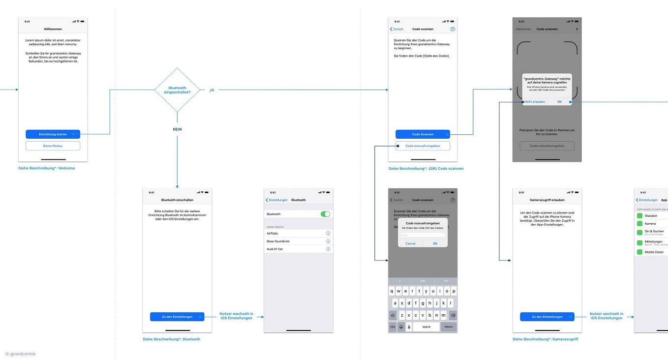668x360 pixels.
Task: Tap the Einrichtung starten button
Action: tap(53, 134)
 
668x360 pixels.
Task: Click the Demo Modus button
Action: tap(53, 146)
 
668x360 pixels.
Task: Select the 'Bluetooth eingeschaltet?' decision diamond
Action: tap(177, 90)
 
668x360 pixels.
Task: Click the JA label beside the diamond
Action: tap(212, 90)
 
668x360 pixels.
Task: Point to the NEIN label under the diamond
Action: tap(177, 129)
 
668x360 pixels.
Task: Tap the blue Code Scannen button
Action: tap(423, 134)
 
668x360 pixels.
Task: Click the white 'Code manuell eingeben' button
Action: tap(423, 146)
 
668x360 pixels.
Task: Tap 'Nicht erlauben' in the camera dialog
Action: tap(535, 102)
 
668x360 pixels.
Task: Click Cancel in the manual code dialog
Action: tap(410, 243)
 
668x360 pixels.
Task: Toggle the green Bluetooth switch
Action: tap(325, 214)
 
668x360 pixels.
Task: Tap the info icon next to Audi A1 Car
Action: tap(328, 249)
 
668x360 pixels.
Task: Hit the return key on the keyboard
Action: tap(449, 327)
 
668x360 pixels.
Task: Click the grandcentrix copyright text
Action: tap(21, 354)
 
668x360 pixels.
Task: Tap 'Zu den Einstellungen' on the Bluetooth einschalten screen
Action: tap(177, 317)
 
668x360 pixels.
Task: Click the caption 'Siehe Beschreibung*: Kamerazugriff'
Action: tap(545, 339)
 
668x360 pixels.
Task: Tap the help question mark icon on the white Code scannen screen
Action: tap(453, 29)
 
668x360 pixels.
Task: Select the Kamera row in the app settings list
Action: tap(650, 223)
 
